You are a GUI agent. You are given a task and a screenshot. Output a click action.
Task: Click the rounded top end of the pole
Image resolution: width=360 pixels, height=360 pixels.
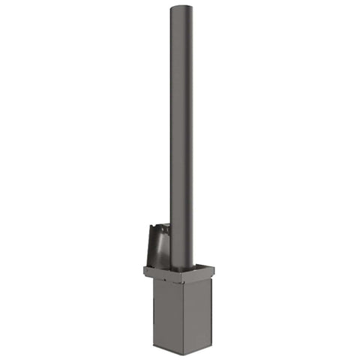(181, 9)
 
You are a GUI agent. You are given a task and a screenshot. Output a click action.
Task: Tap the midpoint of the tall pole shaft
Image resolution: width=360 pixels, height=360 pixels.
(181, 139)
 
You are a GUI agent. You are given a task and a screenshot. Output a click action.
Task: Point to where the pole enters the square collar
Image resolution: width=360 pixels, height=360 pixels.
(182, 268)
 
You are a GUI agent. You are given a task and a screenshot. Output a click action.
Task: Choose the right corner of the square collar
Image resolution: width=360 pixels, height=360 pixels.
(214, 269)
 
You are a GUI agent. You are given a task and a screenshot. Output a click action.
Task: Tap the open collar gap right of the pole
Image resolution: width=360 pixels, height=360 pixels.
(199, 267)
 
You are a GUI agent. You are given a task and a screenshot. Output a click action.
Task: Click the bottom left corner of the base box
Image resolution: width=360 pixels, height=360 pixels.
(153, 346)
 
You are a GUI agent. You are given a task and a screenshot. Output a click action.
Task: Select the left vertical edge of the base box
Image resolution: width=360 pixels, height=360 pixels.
(153, 311)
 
